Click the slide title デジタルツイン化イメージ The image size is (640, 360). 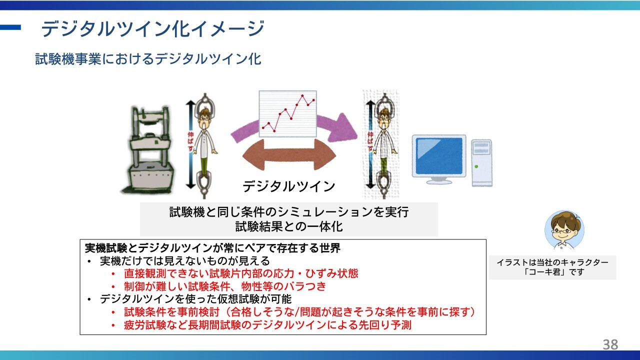(152, 28)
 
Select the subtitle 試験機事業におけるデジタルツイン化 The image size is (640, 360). (148, 59)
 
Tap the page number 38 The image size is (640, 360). (610, 344)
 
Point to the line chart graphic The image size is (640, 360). (287, 113)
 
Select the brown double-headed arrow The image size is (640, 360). (289, 155)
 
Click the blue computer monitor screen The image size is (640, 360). (439, 155)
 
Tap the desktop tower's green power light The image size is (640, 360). (476, 166)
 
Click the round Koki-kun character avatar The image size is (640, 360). (564, 230)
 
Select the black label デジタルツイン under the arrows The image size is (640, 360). (288, 186)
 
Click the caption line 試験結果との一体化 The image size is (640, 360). (289, 226)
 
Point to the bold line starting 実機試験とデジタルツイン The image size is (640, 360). (212, 248)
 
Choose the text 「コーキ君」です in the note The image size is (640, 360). (552, 271)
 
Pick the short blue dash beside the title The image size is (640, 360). (10, 27)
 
